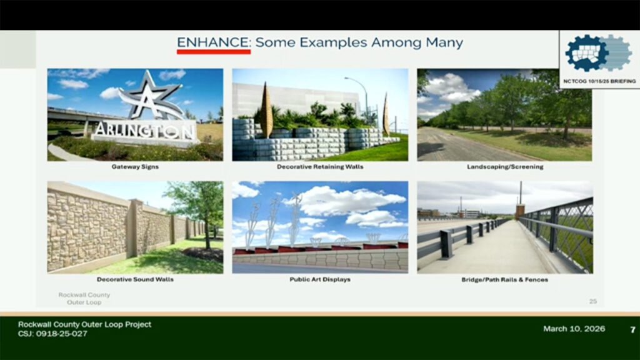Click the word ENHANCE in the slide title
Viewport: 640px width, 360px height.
212,42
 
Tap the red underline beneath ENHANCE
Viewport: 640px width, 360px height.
214,52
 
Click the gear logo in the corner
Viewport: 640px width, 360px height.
598,53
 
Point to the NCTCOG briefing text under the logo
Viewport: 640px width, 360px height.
599,81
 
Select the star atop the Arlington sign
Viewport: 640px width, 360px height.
151,96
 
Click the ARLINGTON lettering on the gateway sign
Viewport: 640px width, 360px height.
144,131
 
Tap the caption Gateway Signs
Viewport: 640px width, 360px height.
135,166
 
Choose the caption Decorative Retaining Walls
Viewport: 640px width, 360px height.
320,166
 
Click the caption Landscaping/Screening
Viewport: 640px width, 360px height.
505,166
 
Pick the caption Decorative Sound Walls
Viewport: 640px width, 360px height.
135,279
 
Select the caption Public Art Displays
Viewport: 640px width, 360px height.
320,279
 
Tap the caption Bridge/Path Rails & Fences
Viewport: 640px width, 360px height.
505,279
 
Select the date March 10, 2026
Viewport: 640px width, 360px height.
574,329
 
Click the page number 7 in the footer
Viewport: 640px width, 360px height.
632,329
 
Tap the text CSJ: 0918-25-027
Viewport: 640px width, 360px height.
52,334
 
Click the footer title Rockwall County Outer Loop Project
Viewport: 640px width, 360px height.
84,324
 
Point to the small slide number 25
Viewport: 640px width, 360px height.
593,301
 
